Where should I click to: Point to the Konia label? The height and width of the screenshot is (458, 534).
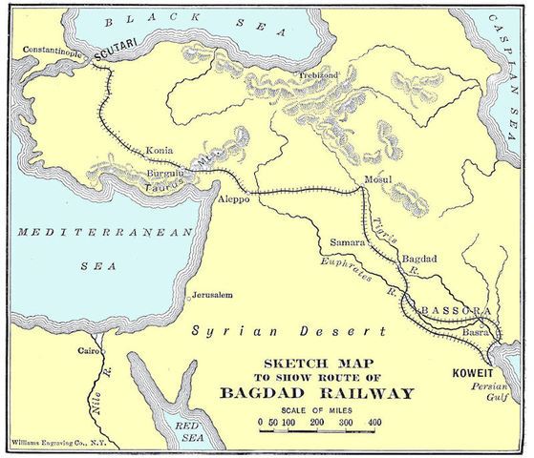click(x=160, y=151)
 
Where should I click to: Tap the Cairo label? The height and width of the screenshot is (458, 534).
click(x=76, y=351)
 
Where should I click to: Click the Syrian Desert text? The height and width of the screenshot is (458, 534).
click(x=286, y=331)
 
